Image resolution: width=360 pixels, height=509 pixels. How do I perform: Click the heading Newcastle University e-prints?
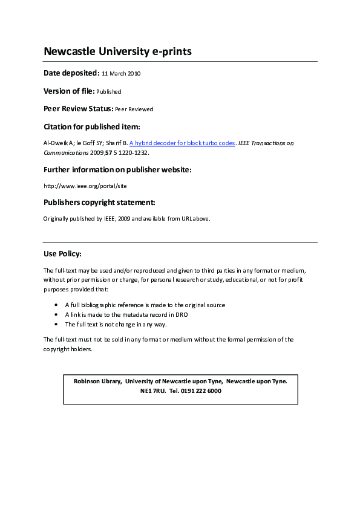point(117,51)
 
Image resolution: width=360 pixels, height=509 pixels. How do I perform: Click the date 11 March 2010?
point(121,74)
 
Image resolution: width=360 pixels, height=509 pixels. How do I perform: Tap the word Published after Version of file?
point(109,92)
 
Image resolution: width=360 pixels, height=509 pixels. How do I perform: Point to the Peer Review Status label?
point(78,109)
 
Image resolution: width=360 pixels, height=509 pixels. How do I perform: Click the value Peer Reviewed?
point(134,109)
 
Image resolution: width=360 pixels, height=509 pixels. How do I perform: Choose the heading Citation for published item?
point(92,127)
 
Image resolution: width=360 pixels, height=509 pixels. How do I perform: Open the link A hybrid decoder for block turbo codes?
point(182,143)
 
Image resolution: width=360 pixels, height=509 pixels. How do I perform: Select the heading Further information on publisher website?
point(117,170)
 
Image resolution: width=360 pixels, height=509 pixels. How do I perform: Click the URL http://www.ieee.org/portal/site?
point(85,186)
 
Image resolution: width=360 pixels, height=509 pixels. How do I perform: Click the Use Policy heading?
point(62,254)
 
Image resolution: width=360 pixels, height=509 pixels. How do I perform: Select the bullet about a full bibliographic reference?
point(145,305)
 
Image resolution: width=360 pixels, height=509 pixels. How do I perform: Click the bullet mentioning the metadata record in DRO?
point(128,315)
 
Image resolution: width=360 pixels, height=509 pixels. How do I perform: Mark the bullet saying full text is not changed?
point(116,325)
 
